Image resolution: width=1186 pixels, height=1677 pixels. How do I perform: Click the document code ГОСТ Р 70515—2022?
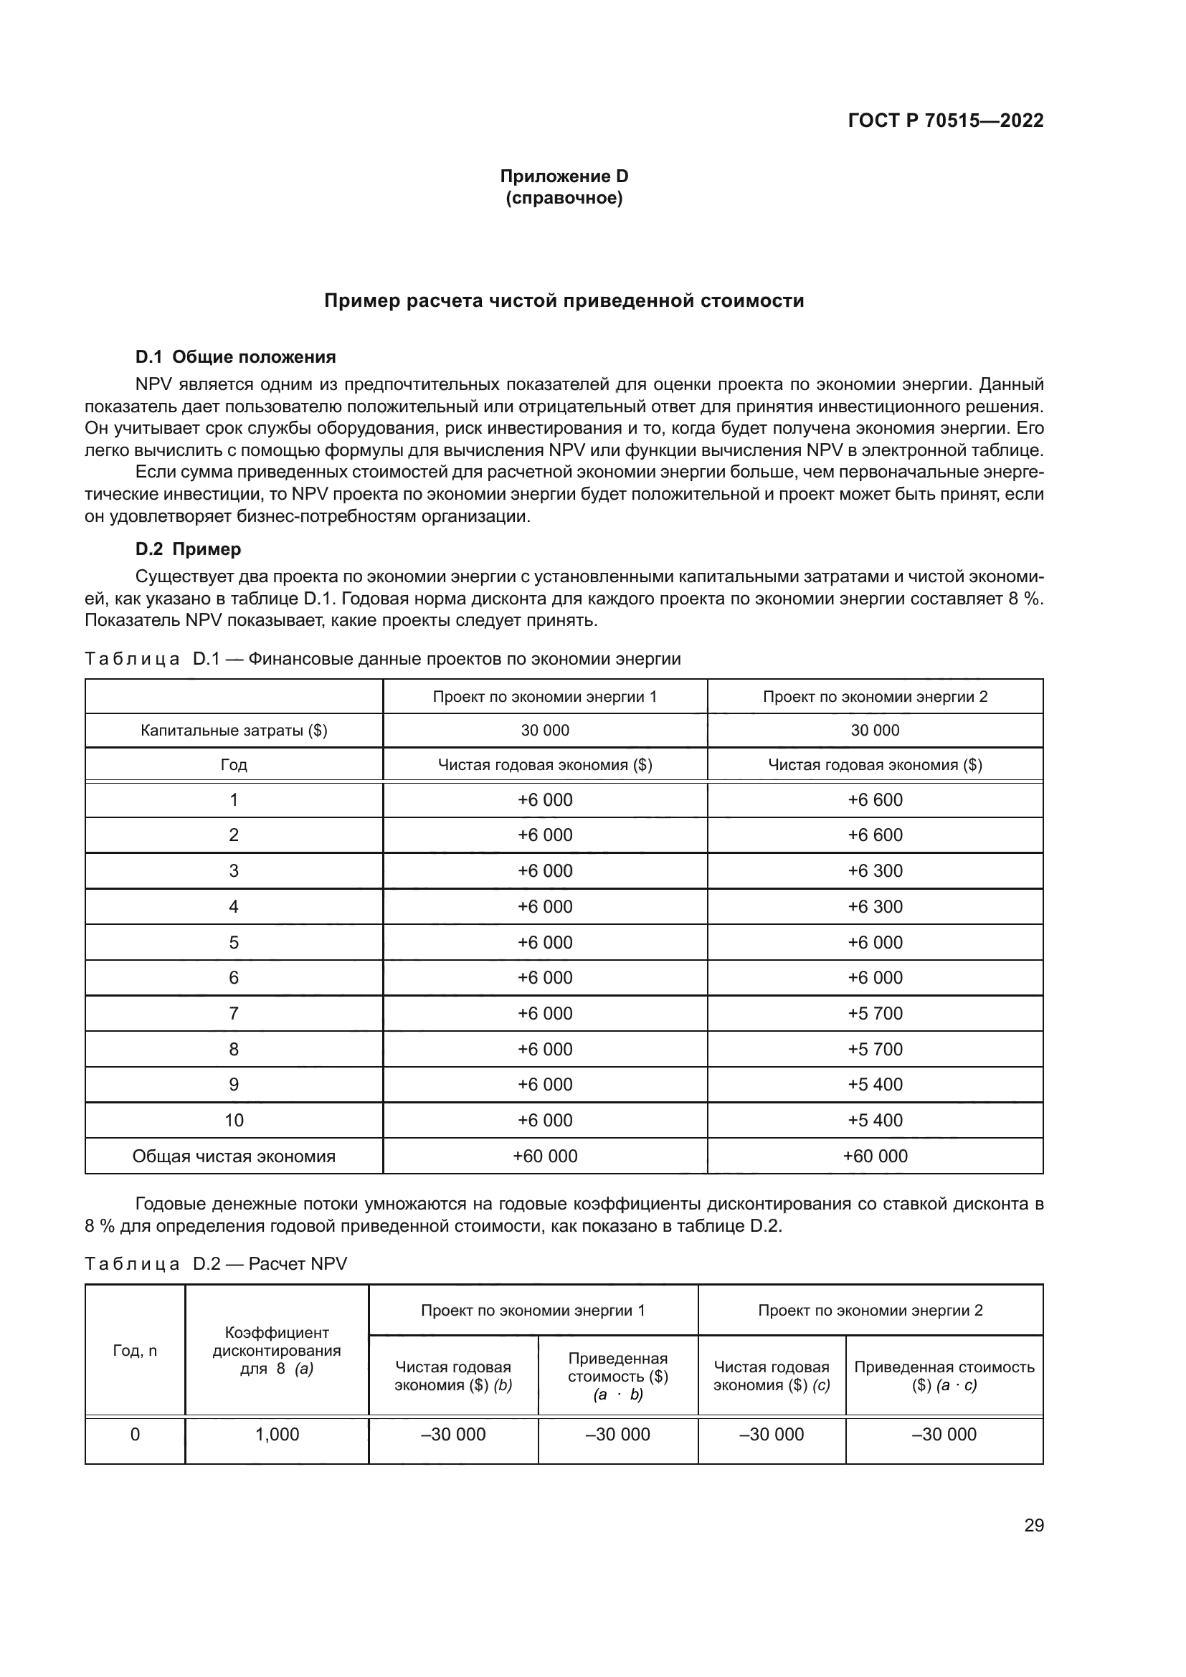pos(945,120)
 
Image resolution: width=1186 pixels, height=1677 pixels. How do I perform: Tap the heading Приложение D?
pos(564,176)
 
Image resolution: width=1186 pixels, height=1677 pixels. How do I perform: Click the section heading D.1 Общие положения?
pos(235,356)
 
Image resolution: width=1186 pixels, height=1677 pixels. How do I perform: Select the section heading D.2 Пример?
pos(188,548)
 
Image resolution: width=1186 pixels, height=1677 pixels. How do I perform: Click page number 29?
pos(1033,1525)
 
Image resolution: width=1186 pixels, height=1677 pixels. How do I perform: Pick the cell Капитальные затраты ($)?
pos(234,731)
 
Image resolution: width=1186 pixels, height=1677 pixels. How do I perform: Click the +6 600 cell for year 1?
pos(874,800)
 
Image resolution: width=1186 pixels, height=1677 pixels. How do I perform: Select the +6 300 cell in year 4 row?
pos(874,906)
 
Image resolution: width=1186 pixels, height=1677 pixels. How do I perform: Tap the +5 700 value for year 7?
pos(874,1014)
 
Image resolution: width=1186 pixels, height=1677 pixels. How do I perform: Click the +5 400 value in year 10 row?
pos(874,1121)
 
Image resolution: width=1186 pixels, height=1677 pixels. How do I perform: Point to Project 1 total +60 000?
pos(545,1156)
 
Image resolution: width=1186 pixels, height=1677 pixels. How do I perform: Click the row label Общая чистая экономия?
pos(234,1156)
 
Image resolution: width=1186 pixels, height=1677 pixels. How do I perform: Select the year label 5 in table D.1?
pos(234,942)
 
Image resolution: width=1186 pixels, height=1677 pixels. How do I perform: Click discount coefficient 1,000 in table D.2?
pos(277,1434)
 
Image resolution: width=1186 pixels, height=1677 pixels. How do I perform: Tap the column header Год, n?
pos(134,1350)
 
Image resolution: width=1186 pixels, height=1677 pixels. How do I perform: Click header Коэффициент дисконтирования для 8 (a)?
pos(277,1350)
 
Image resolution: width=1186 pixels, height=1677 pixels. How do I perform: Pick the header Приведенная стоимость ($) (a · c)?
pos(944,1375)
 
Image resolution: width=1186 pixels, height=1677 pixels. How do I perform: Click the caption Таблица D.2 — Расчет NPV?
pos(215,1263)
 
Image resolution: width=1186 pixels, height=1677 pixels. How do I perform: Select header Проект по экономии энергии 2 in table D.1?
pos(874,696)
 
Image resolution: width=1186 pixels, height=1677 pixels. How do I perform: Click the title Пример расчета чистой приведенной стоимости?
pos(564,301)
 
